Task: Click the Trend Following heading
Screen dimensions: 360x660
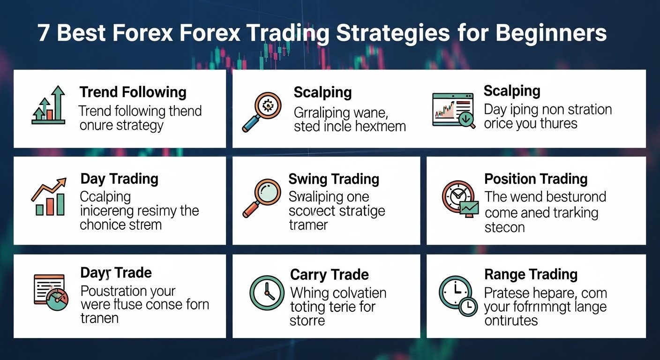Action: point(133,92)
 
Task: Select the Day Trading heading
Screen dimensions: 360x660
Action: point(120,179)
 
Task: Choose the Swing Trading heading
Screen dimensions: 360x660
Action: point(334,179)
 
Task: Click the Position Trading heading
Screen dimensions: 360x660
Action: point(536,179)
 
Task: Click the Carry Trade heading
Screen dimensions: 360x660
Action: point(330,275)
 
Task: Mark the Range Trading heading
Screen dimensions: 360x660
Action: point(531,274)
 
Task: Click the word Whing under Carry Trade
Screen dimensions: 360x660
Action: point(310,293)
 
